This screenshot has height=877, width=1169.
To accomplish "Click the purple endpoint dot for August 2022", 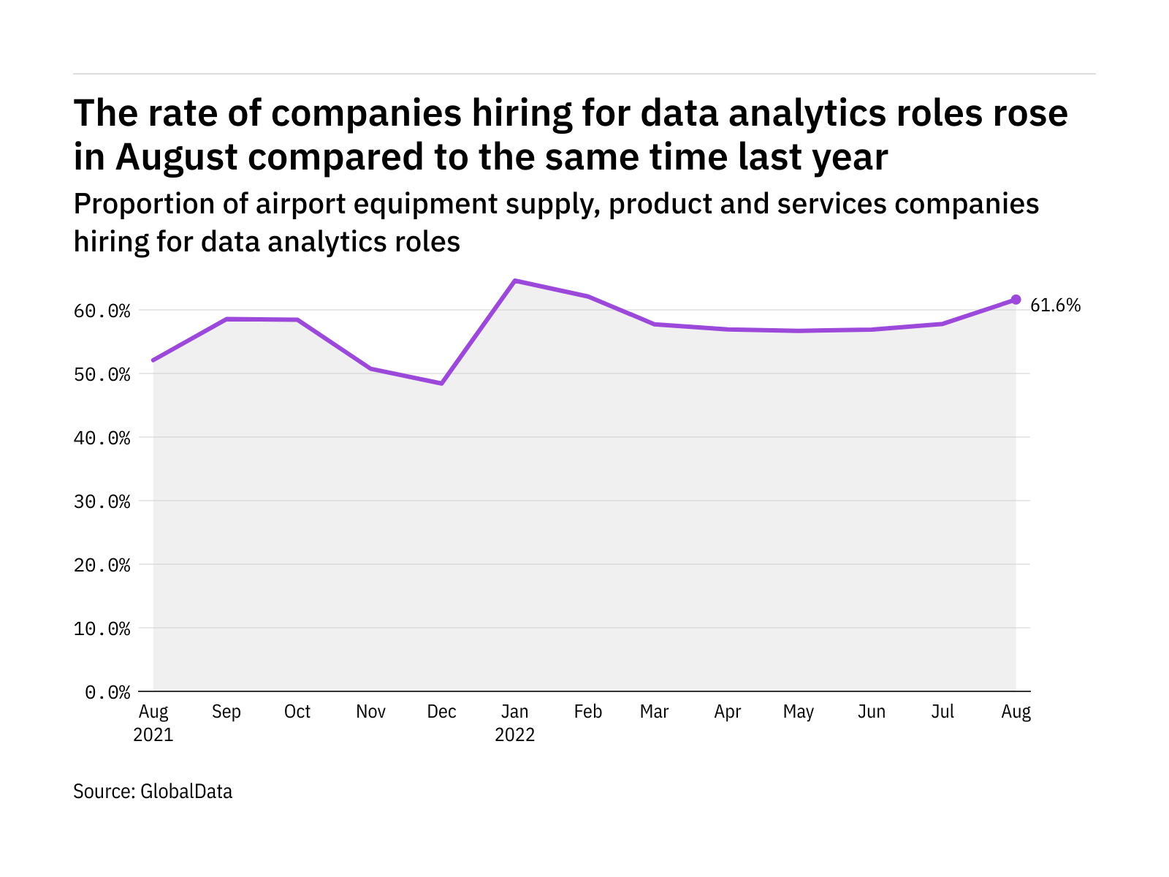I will (x=1016, y=300).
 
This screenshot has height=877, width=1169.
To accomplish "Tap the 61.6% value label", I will (x=1055, y=305).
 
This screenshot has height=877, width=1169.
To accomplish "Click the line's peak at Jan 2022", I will (x=515, y=281).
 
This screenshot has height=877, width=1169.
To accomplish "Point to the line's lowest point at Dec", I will (x=442, y=383).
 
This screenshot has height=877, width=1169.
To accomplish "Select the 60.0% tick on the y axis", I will (x=102, y=311).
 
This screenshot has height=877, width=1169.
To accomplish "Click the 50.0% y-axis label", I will (x=102, y=375).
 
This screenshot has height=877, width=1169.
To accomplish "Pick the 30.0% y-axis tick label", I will (x=102, y=502).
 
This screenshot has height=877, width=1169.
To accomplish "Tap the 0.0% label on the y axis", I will (x=108, y=692).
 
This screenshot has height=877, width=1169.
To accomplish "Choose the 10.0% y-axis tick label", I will (x=102, y=629).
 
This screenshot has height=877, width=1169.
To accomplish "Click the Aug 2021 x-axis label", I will (x=153, y=722).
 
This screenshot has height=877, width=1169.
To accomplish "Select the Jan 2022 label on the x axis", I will (x=515, y=722).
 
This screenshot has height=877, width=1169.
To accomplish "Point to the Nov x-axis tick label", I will (x=370, y=712).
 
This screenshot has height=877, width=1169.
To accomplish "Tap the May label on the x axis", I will (x=799, y=712).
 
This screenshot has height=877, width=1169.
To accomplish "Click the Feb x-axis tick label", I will (x=588, y=712).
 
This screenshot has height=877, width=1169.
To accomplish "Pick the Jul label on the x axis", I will (x=943, y=712).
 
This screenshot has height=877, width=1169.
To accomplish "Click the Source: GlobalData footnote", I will (x=153, y=791).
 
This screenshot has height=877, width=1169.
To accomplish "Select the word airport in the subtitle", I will (x=301, y=204).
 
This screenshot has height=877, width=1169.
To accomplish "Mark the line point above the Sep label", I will (x=226, y=319).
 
